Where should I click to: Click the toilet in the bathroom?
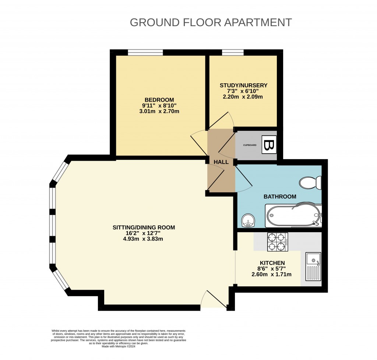coord(310,182)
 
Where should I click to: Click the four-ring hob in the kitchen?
coord(278,242)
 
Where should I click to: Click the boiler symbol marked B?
coord(268,145)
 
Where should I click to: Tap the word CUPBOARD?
coord(249,145)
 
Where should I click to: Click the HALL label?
coord(221,162)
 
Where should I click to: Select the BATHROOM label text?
coord(280,197)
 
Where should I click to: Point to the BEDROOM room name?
coord(159,100)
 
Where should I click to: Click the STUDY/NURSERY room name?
coord(243,85)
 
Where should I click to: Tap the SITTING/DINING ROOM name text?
coord(144,227)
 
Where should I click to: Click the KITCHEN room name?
coord(271,263)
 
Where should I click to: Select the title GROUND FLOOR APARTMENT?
coord(211,22)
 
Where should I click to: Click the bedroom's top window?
coord(145,53)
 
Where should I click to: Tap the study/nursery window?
coord(233,53)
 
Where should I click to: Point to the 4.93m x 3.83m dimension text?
coord(144,239)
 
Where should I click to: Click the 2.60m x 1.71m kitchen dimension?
coord(271,274)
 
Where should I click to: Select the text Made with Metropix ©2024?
coord(118,346)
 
